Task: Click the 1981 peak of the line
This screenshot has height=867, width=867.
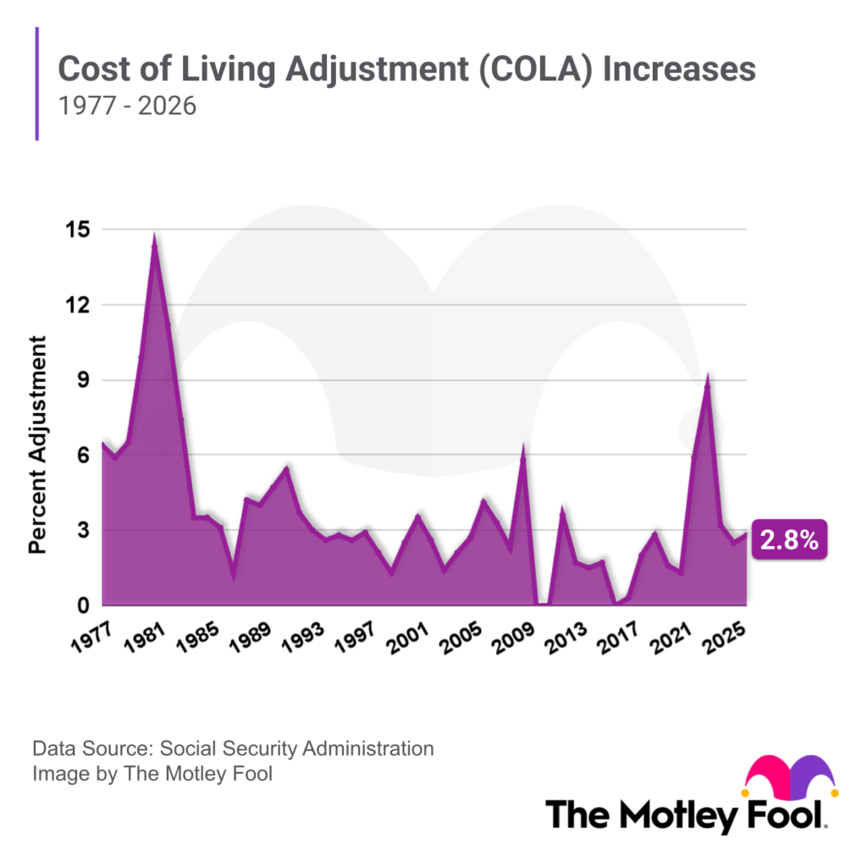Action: point(154,240)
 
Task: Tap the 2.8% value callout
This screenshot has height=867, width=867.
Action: point(788,541)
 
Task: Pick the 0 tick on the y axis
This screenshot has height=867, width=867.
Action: point(83,605)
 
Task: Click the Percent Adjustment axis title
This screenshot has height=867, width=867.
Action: point(38,445)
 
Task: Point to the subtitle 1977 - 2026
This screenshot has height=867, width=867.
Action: point(126,108)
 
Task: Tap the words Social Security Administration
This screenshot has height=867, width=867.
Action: point(296,748)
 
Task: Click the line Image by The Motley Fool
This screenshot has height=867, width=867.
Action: point(152,773)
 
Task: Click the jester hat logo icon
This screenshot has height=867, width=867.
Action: point(789,778)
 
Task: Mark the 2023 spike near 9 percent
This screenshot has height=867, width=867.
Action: point(707,378)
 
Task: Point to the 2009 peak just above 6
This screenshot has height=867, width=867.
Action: point(523,449)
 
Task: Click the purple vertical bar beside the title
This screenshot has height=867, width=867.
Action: point(37,83)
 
